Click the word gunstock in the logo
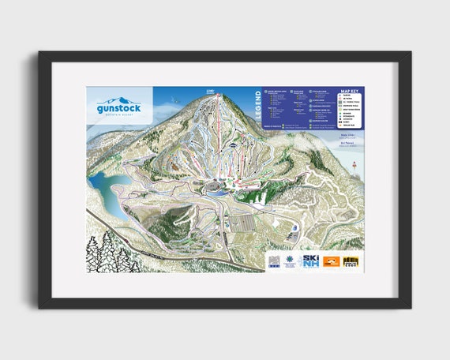[120, 107]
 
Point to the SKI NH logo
[309, 261]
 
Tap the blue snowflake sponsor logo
[289, 261]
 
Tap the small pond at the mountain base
[215, 188]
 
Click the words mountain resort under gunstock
[120, 114]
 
